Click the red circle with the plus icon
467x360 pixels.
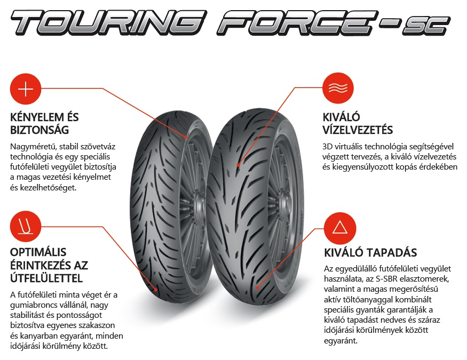26,89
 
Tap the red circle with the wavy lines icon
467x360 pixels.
338,88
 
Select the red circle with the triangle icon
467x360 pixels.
340,228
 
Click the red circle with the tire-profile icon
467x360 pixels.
26,227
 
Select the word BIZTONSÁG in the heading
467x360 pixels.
39,130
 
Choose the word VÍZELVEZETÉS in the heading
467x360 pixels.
358,130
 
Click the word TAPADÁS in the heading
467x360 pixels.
392,252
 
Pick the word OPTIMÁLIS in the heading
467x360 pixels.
38,252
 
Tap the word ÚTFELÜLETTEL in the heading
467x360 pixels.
46,278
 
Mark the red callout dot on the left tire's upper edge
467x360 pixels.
186,137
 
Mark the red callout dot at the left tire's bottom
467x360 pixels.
156,289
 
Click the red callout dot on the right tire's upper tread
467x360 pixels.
238,165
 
